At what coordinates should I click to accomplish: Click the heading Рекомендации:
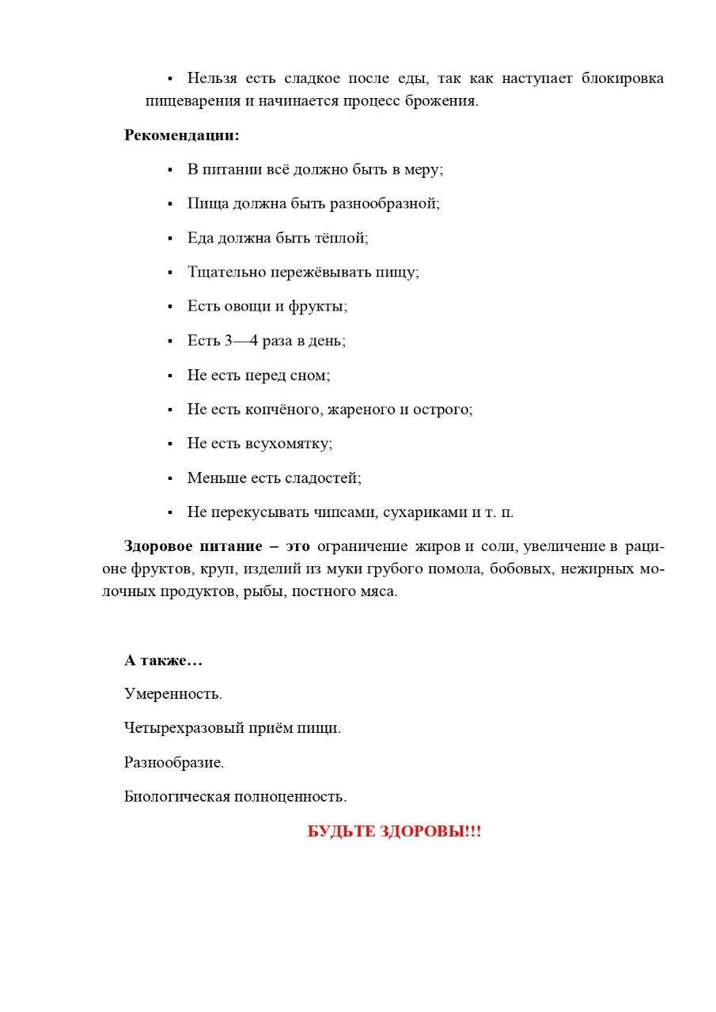(181, 135)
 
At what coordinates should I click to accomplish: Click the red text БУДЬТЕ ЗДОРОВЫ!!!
(394, 832)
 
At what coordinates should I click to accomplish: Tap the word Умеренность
(173, 694)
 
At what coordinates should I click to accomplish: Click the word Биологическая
(176, 797)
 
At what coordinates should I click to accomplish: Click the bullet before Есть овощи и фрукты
(170, 307)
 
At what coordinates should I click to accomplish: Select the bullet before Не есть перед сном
(170, 376)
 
